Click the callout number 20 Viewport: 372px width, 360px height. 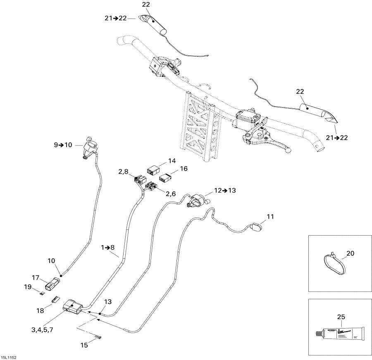tap(350, 253)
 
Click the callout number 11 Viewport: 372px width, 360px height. tap(270, 216)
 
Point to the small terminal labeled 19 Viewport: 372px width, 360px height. tap(43, 294)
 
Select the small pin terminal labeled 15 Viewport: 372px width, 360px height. tap(98, 338)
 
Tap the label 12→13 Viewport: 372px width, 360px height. tap(225, 191)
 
